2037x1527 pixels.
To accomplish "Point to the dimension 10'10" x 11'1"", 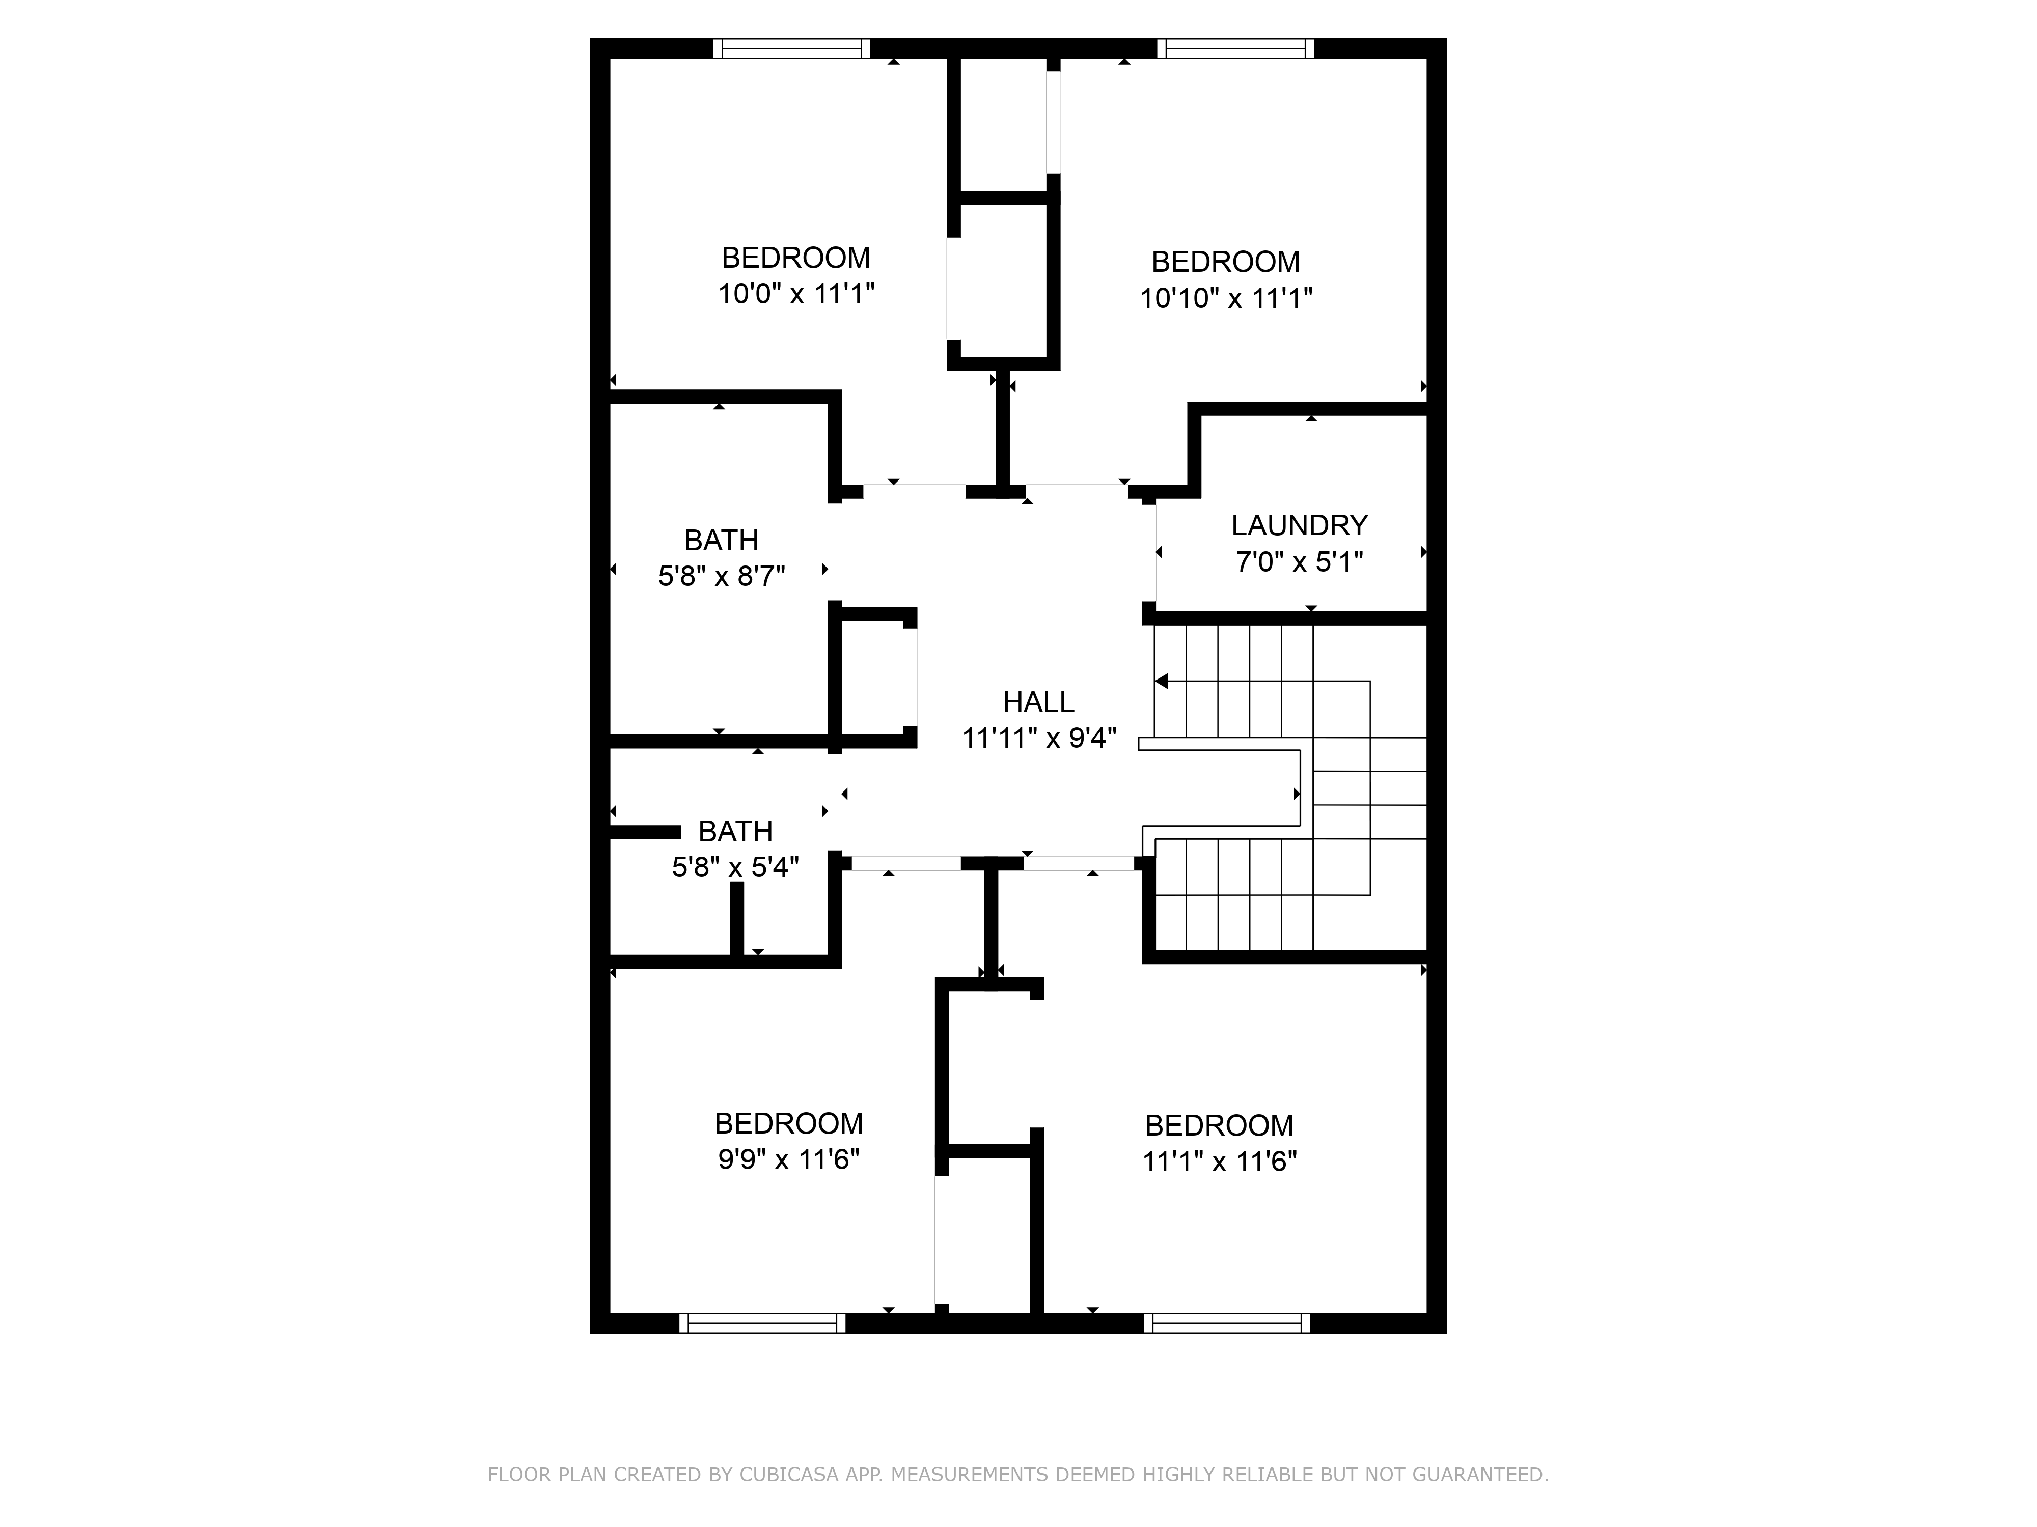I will click(1226, 298).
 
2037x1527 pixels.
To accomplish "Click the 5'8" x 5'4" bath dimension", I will click(735, 867).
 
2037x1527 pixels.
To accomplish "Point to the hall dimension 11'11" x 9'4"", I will click(1039, 738).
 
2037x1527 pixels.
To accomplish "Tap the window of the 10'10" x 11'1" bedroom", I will click(1235, 48).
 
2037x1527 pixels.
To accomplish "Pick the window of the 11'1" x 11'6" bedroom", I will click(1227, 1323).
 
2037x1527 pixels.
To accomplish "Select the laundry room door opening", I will click(1148, 552).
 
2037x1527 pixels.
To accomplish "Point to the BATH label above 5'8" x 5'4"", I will click(735, 831).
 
